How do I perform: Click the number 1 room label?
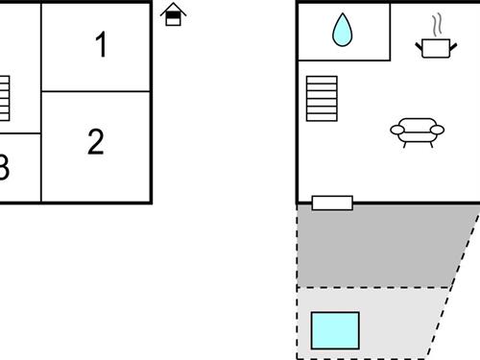point(101,45)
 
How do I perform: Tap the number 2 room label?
point(95,142)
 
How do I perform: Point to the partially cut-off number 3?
point(4,169)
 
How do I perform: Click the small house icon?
point(173,14)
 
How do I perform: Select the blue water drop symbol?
point(342,31)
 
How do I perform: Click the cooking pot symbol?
point(434,46)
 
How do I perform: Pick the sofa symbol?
point(417,131)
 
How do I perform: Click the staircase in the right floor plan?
point(322,99)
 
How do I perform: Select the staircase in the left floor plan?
point(4,98)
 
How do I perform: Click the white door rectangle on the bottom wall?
point(332,203)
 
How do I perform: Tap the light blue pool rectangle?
point(335,329)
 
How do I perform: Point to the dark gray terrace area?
point(384,245)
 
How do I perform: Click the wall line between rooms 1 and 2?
point(96,91)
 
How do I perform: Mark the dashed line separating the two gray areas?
point(374,287)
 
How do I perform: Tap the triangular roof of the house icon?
point(173,9)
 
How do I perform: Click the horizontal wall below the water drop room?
point(344,60)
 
